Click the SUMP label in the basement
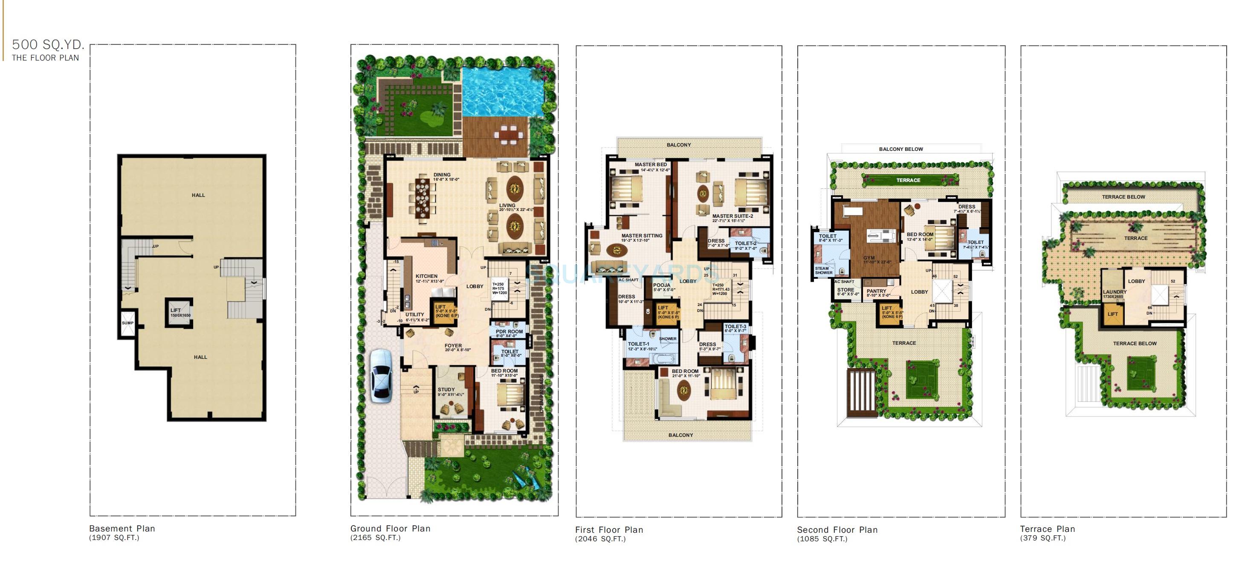pyautogui.click(x=127, y=323)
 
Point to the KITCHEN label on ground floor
pyautogui.click(x=426, y=276)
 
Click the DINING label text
pyautogui.click(x=442, y=175)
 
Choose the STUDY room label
pyautogui.click(x=446, y=389)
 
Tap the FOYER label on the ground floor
pyautogui.click(x=453, y=346)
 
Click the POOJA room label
pyautogui.click(x=662, y=285)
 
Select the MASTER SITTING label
pyautogui.click(x=642, y=236)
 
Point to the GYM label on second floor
pyautogui.click(x=869, y=258)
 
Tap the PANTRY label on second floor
pyautogui.click(x=876, y=291)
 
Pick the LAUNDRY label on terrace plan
pyautogui.click(x=1115, y=292)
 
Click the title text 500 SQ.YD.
pyautogui.click(x=48, y=45)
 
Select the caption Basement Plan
pyautogui.click(x=122, y=528)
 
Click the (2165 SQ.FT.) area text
pyautogui.click(x=375, y=537)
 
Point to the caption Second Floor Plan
pyautogui.click(x=837, y=530)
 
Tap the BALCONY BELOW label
pyautogui.click(x=901, y=149)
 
